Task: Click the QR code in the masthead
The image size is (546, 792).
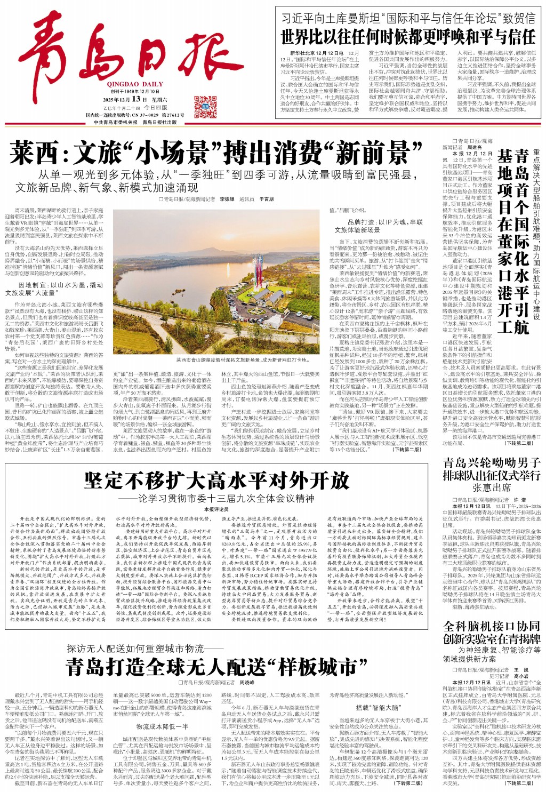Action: pyautogui.click(x=205, y=107)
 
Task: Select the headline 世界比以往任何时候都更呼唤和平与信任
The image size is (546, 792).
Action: pyautogui.click(x=408, y=37)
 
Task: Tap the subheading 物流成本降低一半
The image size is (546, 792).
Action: pyautogui.click(x=162, y=726)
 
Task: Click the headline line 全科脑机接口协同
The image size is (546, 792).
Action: pyautogui.click(x=492, y=626)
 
